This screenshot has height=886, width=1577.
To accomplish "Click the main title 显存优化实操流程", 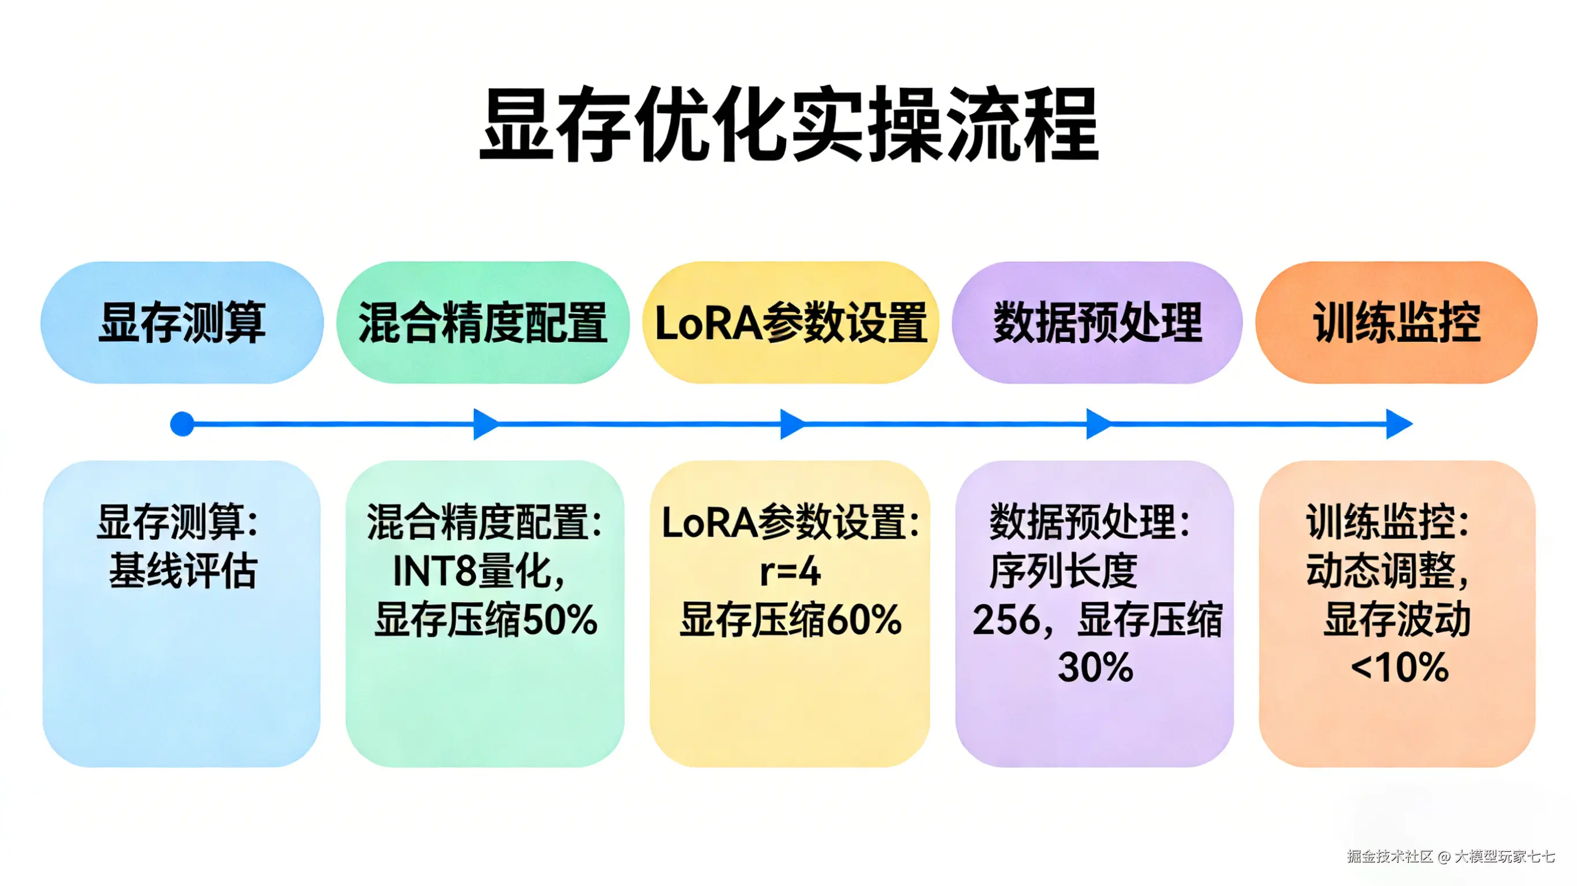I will (x=788, y=125).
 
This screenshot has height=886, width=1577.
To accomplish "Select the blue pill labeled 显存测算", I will (x=182, y=323).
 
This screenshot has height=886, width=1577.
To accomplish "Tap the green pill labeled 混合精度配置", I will (x=482, y=323).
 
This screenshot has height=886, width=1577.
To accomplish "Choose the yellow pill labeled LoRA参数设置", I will (x=790, y=323).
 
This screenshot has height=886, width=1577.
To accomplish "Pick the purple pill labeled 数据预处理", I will (x=1096, y=323).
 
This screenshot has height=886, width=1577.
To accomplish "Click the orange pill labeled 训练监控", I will (x=1396, y=323).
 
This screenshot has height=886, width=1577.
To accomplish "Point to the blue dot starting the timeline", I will (x=182, y=424).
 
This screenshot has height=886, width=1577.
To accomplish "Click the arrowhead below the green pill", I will (x=485, y=424).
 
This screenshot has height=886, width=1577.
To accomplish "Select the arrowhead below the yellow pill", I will (x=792, y=424).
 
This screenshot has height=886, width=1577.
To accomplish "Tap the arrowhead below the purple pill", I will (x=1098, y=424).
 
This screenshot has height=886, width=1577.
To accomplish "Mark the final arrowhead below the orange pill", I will (x=1399, y=424).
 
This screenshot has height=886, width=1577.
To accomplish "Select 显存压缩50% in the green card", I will (x=485, y=619).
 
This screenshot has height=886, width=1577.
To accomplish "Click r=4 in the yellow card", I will (x=790, y=572).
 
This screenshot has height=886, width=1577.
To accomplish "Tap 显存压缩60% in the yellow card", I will (x=790, y=619).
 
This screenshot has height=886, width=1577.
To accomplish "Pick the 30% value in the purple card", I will (x=1095, y=667).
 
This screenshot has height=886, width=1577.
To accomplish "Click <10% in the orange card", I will (x=1400, y=667).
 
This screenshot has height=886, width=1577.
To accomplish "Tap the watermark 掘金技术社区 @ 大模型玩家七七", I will (x=1450, y=855).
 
